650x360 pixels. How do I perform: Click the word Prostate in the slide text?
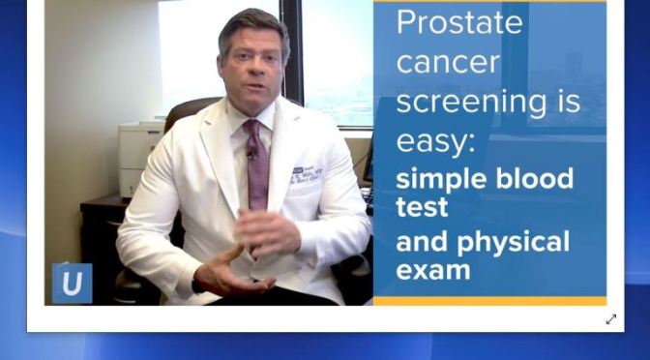click(460, 22)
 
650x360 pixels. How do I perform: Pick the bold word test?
click(422, 207)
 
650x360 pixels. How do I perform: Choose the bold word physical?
click(515, 241)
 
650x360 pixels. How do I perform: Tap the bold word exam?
click(433, 270)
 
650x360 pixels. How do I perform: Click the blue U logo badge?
click(72, 284)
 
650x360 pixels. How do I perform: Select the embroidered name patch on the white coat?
click(306, 175)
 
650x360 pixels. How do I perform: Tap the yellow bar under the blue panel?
click(489, 301)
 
